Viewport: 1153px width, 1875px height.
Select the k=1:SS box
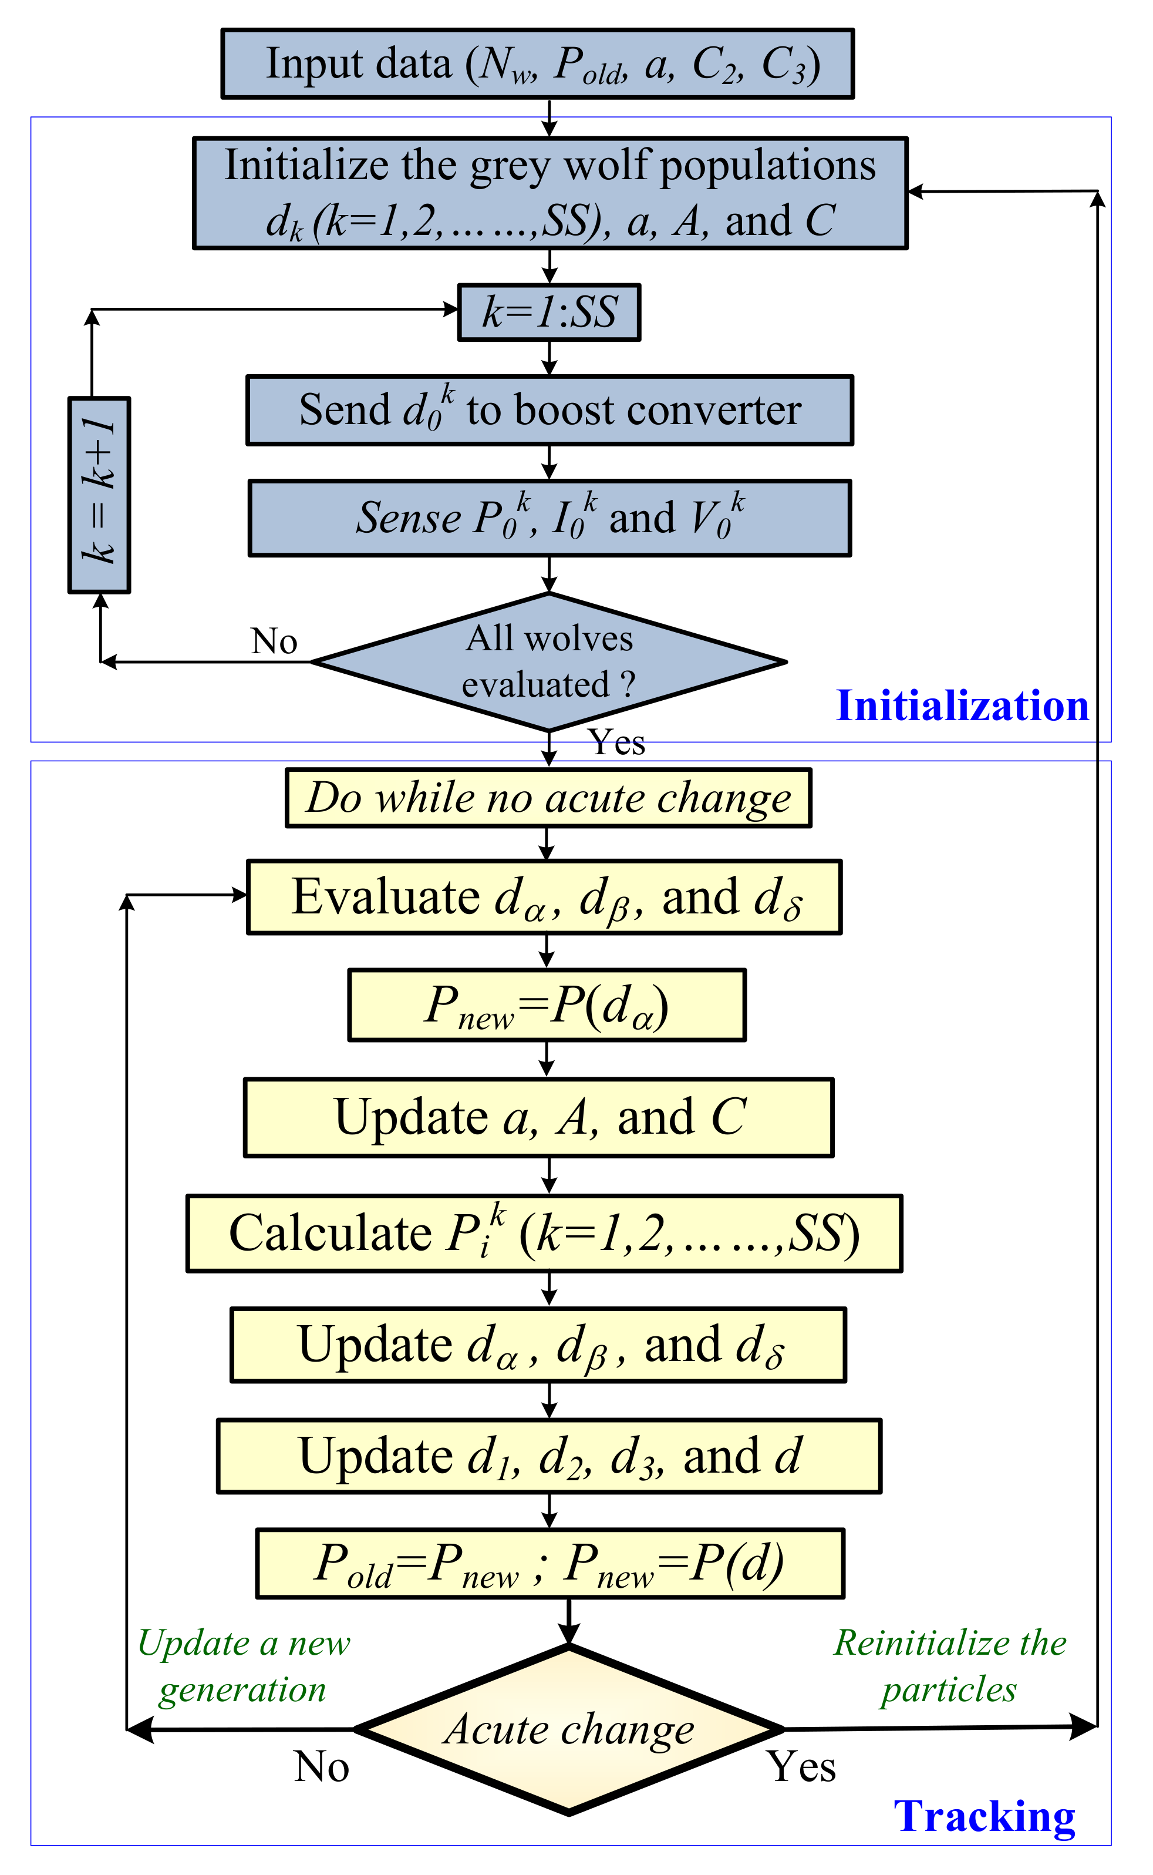548,312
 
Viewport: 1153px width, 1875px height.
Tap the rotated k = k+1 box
99,495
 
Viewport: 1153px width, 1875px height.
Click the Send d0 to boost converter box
549,411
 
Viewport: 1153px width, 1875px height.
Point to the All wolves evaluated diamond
549,661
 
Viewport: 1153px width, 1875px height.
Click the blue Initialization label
962,705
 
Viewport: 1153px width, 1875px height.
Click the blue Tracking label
984,1816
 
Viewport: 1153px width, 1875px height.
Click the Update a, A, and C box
538,1117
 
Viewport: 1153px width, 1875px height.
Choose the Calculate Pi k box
544,1234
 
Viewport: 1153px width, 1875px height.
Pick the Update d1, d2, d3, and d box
548,1456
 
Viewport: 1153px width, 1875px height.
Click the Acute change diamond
569,1729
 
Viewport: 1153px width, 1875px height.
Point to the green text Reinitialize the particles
949,1666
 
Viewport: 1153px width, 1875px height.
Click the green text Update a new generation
243,1666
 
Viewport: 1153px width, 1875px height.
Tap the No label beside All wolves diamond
274,641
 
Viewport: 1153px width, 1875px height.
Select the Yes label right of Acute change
801,1767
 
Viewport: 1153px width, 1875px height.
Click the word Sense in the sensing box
408,518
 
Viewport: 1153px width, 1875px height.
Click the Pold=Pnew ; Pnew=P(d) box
549,1564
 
